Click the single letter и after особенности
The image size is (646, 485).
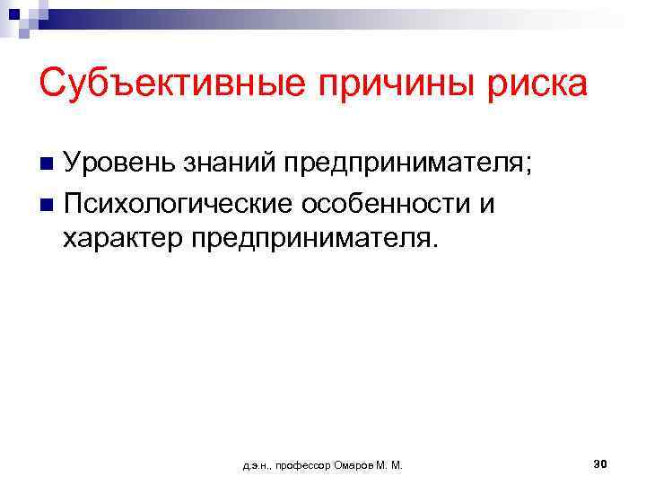(x=487, y=204)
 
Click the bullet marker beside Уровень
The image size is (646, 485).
(x=47, y=165)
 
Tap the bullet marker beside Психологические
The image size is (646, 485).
(x=47, y=204)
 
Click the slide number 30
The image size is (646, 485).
(x=601, y=463)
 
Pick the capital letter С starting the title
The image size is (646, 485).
(x=51, y=85)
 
